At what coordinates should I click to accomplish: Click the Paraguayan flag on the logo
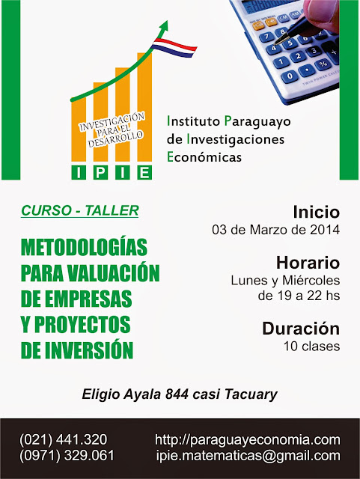coord(174,48)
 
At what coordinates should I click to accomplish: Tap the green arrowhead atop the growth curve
coord(164,27)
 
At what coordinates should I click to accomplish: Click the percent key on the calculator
coord(323,64)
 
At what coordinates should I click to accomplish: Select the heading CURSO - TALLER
coord(80,210)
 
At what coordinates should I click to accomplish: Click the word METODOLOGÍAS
coord(84,246)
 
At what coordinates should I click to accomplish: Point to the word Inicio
coord(317,212)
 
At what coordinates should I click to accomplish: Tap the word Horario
coord(308,263)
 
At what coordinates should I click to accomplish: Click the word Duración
coord(301,329)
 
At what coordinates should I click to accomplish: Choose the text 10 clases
coord(311,346)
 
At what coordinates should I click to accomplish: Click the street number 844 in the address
coord(177,394)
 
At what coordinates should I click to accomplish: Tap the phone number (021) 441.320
coord(64,439)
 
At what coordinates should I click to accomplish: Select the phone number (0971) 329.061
coord(67,456)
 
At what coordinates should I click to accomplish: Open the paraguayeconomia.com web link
coord(248,440)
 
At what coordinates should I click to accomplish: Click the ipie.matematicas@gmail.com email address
coord(248,456)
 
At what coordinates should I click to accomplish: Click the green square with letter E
coord(144,173)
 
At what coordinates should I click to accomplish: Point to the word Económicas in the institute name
coord(204,157)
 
